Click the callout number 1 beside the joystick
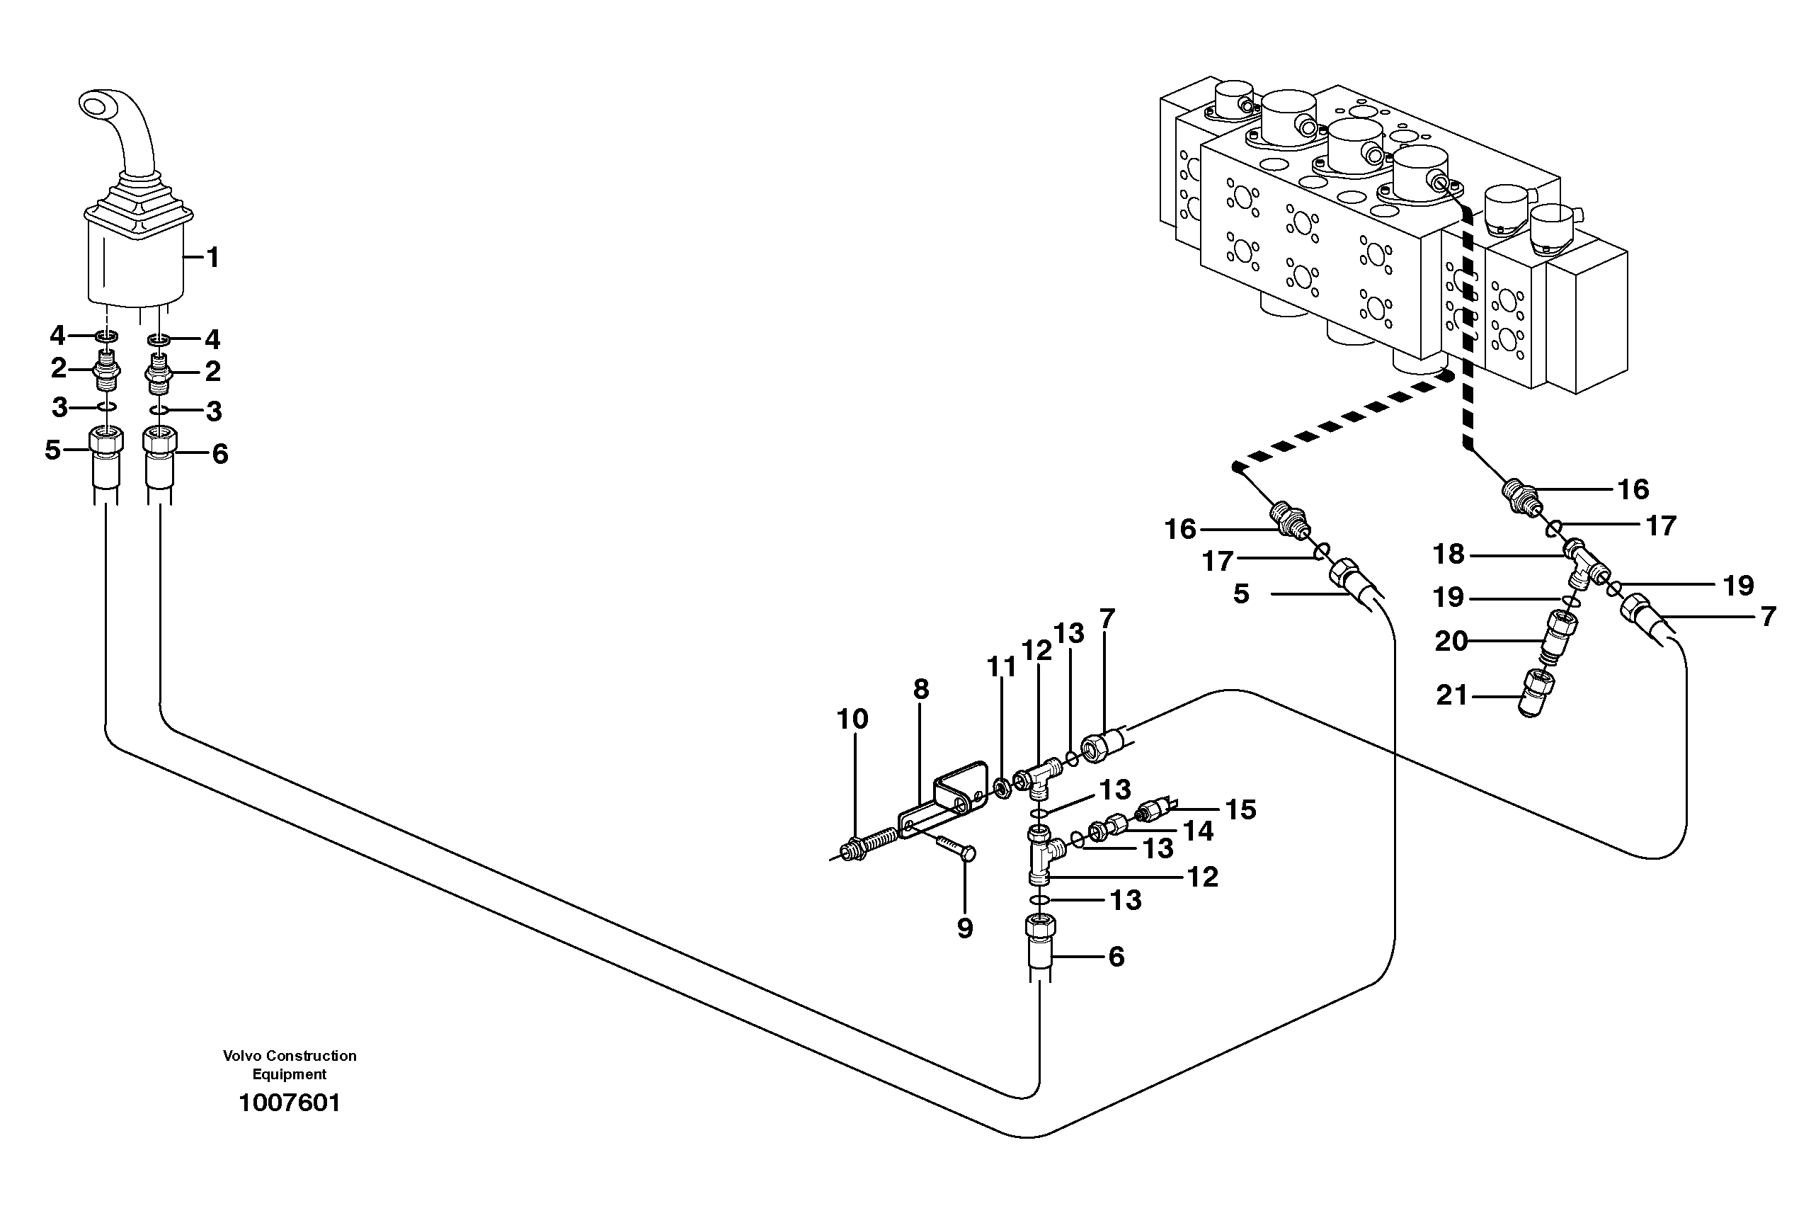pos(213,258)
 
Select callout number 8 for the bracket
pos(921,689)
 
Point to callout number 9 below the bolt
pos(965,928)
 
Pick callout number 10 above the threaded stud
pos(852,719)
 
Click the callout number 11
pos(1001,667)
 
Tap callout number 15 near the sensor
pos(1240,809)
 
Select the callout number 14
pos(1198,831)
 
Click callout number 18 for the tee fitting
pos(1449,554)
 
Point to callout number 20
pos(1451,641)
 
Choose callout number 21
pos(1452,695)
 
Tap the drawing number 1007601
pos(289,1103)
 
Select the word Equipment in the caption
pos(289,1074)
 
